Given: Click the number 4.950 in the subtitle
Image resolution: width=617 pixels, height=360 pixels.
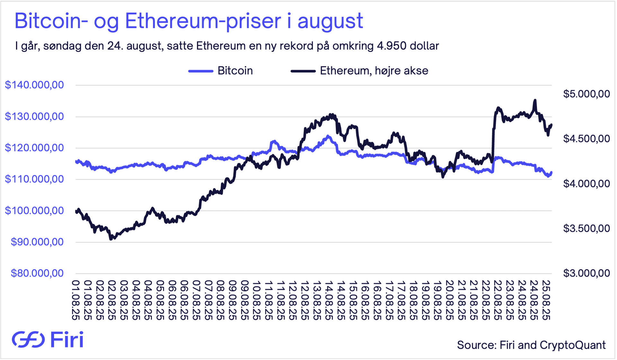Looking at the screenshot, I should coord(392,46).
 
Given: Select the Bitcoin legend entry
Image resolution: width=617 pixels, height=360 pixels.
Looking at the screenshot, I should coord(235,71).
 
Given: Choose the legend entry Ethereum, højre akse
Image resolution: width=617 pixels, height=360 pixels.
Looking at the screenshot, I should coord(374,71).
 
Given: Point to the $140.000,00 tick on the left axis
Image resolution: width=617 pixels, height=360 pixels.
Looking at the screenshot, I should coord(34,85).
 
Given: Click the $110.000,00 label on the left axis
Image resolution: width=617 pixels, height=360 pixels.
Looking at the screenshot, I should coord(34,179).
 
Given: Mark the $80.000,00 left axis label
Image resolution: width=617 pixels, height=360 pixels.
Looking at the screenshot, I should coord(37,273).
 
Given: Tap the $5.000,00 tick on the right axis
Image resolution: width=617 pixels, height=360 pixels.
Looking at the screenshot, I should coord(586,94).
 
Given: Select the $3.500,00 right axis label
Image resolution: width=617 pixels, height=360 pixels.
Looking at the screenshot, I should coord(586,228).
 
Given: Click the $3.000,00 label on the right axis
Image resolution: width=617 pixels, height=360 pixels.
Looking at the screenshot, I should coord(586,273).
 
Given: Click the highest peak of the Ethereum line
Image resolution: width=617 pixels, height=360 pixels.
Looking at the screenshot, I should coord(535,100).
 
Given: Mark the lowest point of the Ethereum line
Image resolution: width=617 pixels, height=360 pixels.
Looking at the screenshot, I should coord(111,239).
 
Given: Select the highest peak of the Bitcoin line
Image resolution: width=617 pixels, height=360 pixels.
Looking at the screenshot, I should coord(328,136).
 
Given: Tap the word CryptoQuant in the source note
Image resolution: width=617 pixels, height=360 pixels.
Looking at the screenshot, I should coord(573,345).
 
